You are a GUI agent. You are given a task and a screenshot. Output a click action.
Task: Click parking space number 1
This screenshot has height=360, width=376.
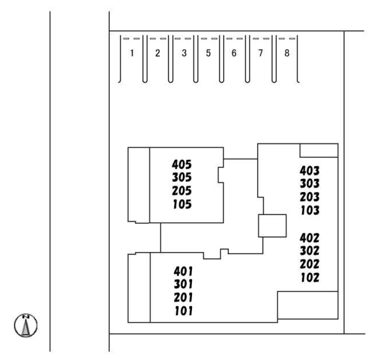(x=132, y=53)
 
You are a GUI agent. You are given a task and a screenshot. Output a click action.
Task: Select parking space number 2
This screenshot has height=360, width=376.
(x=158, y=53)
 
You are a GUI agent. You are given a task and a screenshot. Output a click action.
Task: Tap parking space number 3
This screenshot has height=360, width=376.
(x=184, y=53)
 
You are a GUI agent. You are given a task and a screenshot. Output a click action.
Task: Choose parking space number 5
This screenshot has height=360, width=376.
(x=208, y=53)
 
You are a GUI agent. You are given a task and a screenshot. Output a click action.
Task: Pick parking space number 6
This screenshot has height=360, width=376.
(x=234, y=53)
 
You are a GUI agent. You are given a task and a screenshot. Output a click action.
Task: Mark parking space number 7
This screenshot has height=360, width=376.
(x=260, y=53)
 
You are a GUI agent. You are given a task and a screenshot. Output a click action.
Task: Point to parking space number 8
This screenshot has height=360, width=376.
(x=286, y=53)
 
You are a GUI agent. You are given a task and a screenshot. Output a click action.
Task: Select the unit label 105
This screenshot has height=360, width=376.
(x=182, y=205)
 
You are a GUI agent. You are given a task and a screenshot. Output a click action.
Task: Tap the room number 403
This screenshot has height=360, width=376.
(x=309, y=170)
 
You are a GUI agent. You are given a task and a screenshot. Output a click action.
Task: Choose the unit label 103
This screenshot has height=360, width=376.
(x=309, y=210)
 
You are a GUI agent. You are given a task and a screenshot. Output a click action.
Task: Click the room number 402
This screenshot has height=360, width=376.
(x=309, y=238)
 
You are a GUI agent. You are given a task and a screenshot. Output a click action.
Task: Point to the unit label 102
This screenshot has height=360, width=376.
(x=309, y=277)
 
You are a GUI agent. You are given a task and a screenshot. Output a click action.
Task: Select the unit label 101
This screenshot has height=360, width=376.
(x=184, y=311)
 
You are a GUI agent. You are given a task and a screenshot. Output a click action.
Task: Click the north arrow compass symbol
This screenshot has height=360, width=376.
(x=26, y=325)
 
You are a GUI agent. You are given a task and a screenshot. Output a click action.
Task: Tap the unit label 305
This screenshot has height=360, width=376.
(x=182, y=178)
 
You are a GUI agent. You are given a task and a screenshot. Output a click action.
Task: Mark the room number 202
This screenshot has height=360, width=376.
(x=309, y=264)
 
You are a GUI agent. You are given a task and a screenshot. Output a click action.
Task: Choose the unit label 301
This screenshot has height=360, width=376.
(x=184, y=285)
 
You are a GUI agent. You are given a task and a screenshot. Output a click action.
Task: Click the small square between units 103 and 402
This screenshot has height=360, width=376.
(x=272, y=226)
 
